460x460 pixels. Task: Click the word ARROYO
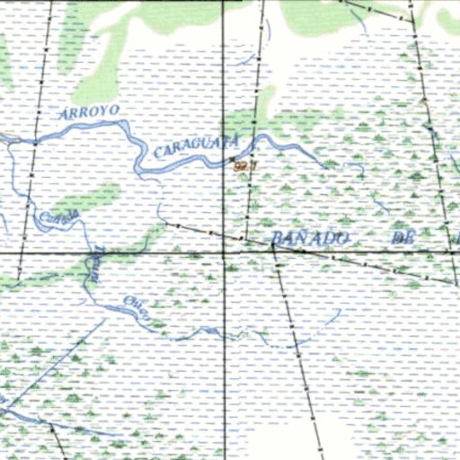89,112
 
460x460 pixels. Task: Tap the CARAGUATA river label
196,146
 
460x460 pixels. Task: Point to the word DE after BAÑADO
401,238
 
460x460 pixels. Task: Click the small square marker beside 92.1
233,161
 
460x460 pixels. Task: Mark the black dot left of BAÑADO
272,243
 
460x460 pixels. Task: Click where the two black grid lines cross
224,253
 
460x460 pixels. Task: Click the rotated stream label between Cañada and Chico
93,261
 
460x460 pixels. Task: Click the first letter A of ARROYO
62,116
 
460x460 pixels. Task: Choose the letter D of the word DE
395,238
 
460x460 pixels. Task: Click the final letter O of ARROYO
113,108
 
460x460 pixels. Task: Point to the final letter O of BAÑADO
341,237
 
